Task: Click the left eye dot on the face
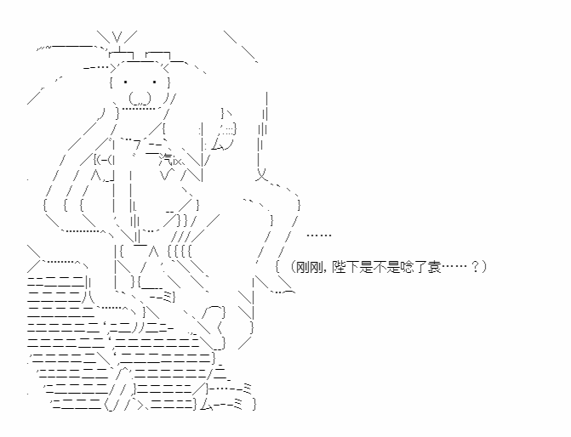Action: coord(125,82)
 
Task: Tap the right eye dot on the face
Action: coord(154,82)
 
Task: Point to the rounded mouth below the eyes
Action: coord(140,99)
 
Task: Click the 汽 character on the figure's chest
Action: coord(166,159)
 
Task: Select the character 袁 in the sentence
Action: coord(434,268)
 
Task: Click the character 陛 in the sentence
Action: coord(339,268)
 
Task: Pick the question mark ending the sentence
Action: coord(475,268)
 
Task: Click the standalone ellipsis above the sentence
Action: coord(318,236)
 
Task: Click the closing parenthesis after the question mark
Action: coord(483,268)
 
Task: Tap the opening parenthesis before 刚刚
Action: coord(293,268)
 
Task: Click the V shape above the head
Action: coord(117,37)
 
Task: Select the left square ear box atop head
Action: coord(122,54)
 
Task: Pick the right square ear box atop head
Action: coord(157,54)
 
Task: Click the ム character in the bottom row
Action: coord(207,404)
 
